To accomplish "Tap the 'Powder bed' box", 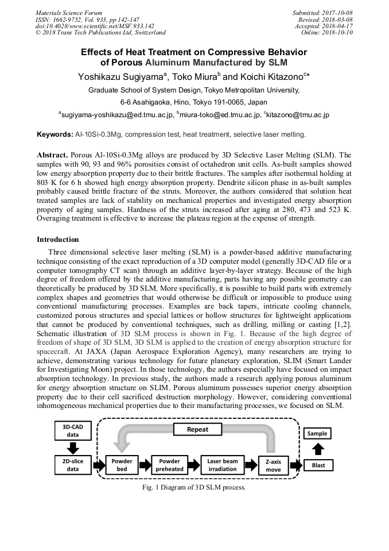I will pyautogui.click(x=122, y=464).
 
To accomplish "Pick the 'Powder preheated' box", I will pyautogui.click(x=170, y=464).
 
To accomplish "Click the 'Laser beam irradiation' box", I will pyautogui.click(x=222, y=464).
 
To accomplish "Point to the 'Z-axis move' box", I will pyautogui.click(x=274, y=465).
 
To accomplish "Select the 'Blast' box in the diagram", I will pyautogui.click(x=318, y=464).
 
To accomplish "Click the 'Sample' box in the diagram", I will pyautogui.click(x=317, y=433).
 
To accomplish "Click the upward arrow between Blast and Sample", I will pyautogui.click(x=318, y=449).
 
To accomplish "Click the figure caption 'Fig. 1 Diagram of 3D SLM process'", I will pyautogui.click(x=194, y=487).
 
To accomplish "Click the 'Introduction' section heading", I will pyautogui.click(x=58, y=239).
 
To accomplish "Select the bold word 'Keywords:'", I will pyautogui.click(x=55, y=134).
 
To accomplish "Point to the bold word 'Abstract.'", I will pyautogui.click(x=53, y=156).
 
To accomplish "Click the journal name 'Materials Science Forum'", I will pyautogui.click(x=69, y=13).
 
